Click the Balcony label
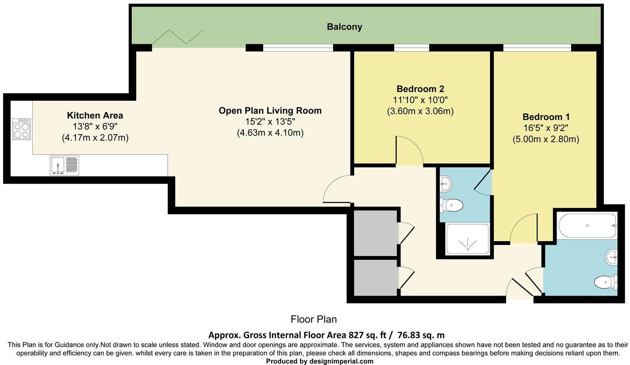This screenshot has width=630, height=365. pos(344,27)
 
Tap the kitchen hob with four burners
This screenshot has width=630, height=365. pos(21,129)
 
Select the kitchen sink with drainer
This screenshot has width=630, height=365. pos(65,165)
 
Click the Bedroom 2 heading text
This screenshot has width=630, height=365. pos(420,89)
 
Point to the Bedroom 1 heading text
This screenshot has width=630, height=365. pos(546,117)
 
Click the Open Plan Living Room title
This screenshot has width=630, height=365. pos(270,111)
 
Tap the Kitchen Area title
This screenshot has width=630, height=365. pos(95,115)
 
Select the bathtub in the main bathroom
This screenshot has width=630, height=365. pos(587,226)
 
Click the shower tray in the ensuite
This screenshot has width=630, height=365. pos(468,239)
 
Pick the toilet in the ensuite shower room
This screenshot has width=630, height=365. pos(452,205)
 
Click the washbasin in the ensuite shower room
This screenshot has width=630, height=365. pos(446,184)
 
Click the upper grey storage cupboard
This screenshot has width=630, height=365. pos(375,233)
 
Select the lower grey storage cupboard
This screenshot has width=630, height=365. pos(375,277)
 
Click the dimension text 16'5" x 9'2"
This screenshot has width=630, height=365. pos(545,128)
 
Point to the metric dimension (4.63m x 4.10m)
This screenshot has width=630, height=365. pos(270,133)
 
